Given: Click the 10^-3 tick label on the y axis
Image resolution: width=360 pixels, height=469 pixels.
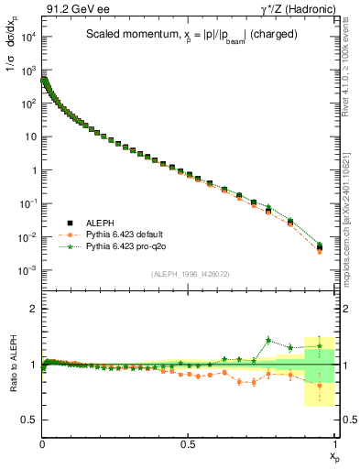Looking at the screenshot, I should [x=27, y=270].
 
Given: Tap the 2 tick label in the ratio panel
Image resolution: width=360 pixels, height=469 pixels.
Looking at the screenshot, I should [x=34, y=309].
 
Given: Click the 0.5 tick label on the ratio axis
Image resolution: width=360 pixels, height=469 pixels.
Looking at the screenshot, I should [x=29, y=420].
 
